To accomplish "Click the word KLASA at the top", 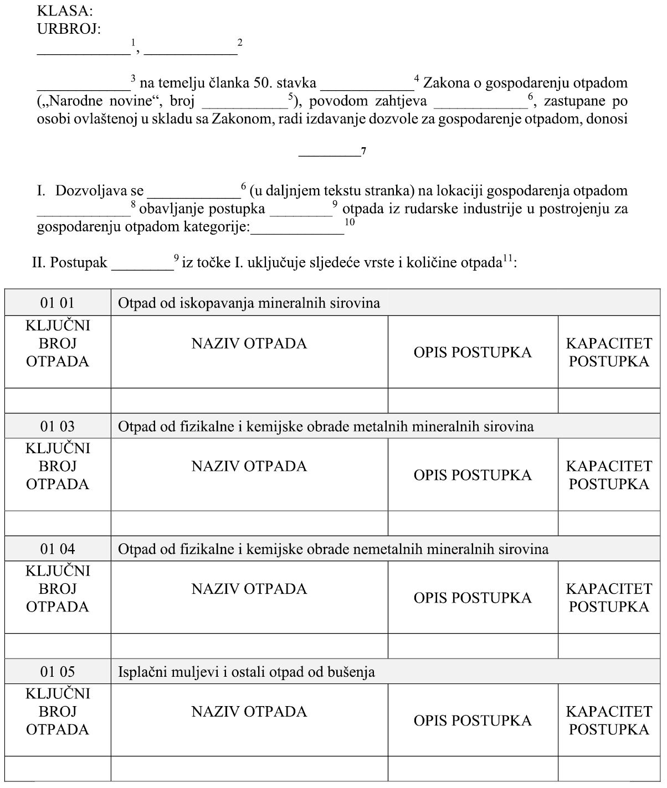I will [64, 11].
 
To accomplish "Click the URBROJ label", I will [69, 29].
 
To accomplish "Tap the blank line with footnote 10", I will [297, 232].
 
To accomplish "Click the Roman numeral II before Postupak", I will [38, 262].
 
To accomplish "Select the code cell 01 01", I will [57, 303].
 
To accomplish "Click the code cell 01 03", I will [57, 427].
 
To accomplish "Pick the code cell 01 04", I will [57, 549].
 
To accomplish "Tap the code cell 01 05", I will [57, 672].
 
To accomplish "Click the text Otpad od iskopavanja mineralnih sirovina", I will [249, 303].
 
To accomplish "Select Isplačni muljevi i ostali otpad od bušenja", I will [247, 672].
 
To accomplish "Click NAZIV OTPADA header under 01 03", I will [249, 466].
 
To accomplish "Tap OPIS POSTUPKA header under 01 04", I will [473, 598].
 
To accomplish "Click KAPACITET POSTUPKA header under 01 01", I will [609, 352].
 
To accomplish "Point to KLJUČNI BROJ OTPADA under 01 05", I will [58, 712].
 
